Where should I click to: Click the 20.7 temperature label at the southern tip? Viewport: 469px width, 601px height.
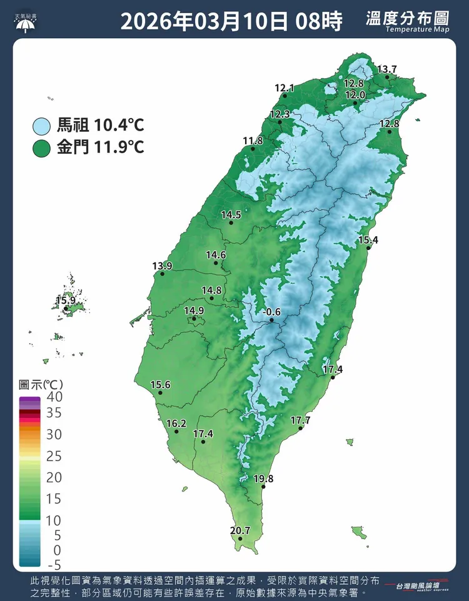[240, 531]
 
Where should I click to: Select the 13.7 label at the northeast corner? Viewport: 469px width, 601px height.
[387, 69]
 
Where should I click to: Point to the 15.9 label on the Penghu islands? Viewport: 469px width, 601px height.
[65, 300]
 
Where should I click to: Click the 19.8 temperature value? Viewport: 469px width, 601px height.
[264, 479]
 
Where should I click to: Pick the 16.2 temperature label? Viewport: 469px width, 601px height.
[177, 424]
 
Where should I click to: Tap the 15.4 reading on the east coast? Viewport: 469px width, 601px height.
[368, 241]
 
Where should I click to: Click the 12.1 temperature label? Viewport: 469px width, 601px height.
[284, 88]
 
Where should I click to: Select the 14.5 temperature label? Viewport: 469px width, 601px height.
[231, 215]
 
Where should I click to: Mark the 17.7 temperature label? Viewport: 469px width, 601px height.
[300, 420]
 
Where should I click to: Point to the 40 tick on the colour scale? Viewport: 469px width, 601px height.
[54, 396]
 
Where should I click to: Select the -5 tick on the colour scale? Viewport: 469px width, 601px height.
[54, 565]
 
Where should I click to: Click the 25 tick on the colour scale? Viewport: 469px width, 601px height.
[54, 456]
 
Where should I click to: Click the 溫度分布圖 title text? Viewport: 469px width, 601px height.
[407, 18]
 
